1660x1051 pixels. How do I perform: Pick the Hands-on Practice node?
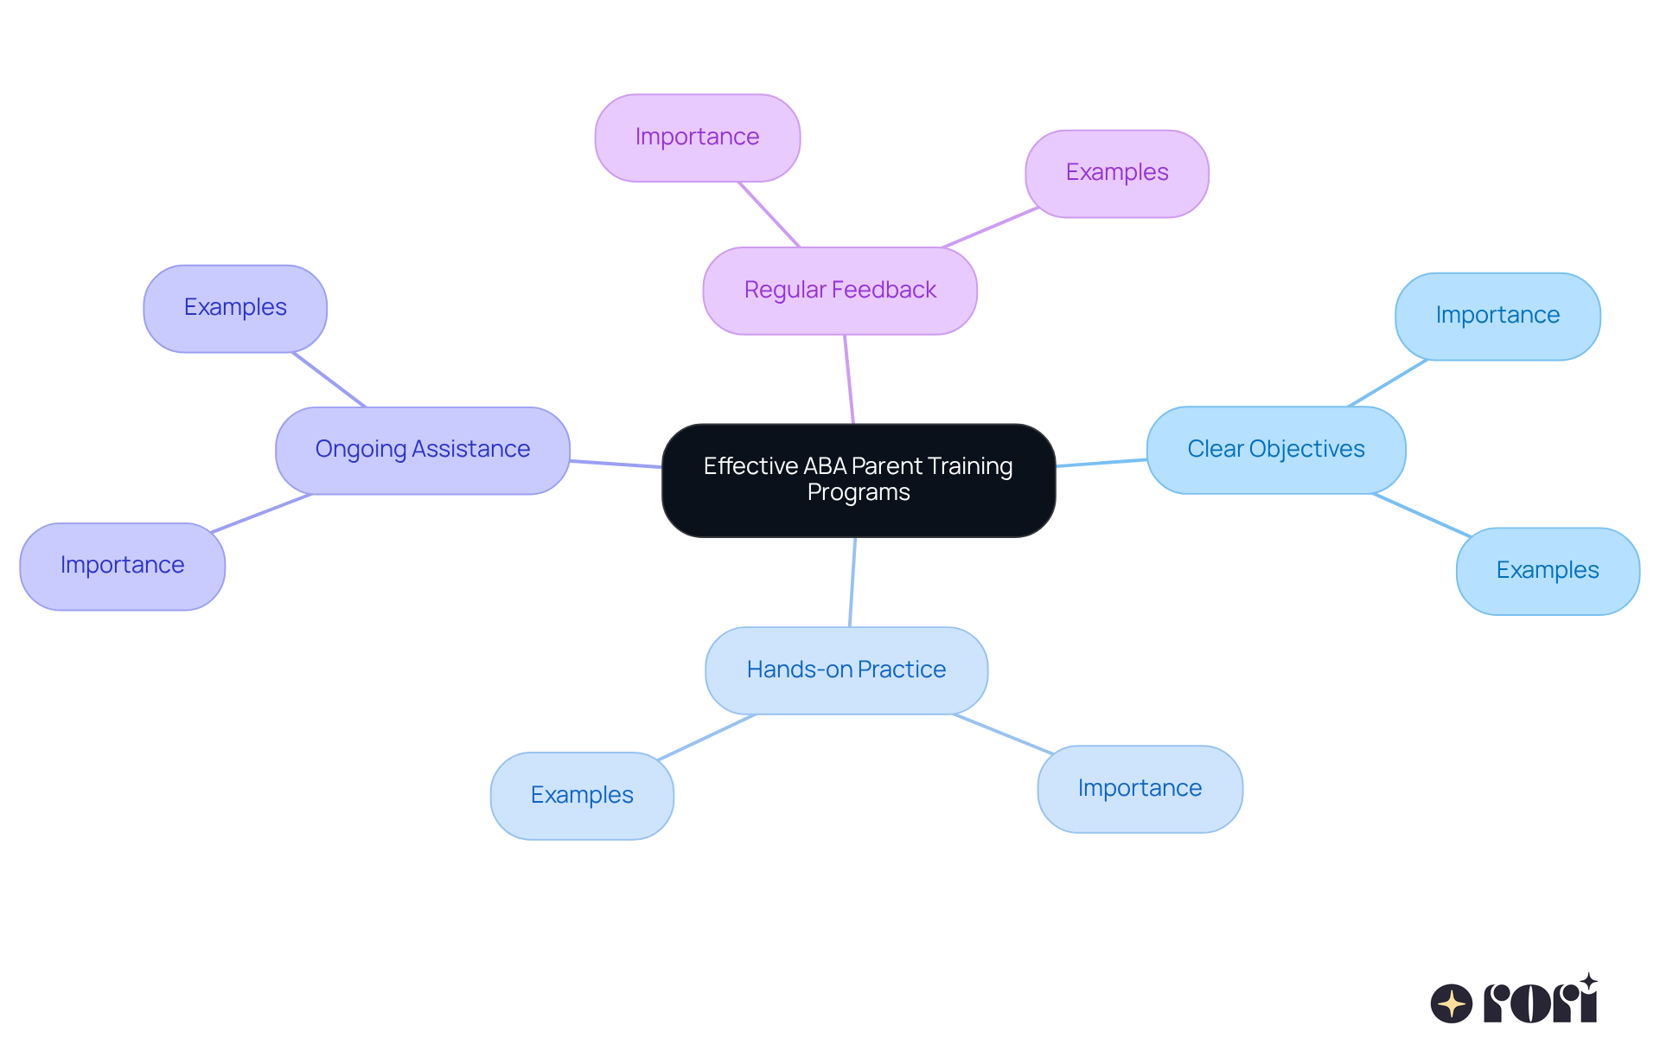tap(846, 670)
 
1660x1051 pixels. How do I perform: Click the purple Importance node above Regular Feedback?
tap(697, 138)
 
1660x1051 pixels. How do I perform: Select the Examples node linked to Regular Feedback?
tap(1116, 173)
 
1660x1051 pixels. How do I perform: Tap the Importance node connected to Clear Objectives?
tap(1497, 316)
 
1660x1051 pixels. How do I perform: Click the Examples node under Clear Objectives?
tap(1547, 571)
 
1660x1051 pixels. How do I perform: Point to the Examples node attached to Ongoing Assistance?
tap(234, 308)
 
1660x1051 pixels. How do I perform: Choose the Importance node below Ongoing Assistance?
tap(122, 566)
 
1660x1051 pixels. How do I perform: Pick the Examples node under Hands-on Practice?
tap(581, 795)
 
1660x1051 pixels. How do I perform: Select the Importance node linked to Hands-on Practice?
tap(1139, 789)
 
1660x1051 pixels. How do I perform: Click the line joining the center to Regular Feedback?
tap(849, 379)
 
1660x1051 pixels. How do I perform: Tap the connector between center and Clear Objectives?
tap(1101, 463)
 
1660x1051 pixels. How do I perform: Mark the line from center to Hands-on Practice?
tap(852, 581)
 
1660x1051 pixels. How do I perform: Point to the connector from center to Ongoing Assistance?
tap(616, 464)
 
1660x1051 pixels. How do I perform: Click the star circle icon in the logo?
tap(1451, 1003)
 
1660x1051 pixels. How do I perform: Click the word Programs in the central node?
tap(858, 492)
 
